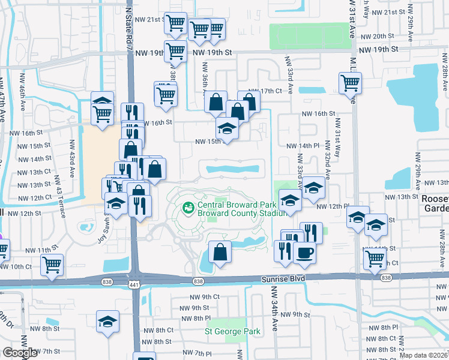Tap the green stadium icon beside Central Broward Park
[188, 208]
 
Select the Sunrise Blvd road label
[283, 278]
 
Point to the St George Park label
[232, 331]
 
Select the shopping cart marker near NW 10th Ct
[52, 264]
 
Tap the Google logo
[20, 353]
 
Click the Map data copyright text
[424, 355]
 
